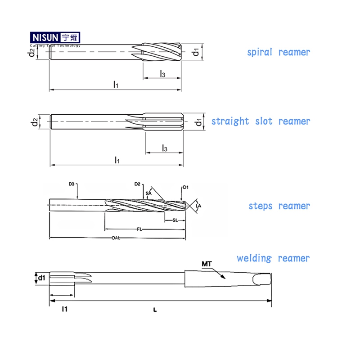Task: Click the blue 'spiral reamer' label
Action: [279, 52]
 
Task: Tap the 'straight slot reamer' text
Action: [261, 121]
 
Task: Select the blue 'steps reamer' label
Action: [279, 206]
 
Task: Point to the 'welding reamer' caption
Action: [273, 258]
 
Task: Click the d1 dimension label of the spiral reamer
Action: [196, 52]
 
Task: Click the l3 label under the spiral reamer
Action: [162, 73]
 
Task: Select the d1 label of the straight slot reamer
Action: [198, 122]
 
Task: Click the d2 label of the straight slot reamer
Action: [34, 122]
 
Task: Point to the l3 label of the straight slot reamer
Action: [164, 148]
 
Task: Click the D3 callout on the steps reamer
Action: [72, 184]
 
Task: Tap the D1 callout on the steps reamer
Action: [185, 187]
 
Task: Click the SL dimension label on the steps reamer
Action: [175, 220]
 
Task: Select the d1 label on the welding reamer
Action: [41, 278]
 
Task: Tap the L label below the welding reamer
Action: [154, 310]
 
